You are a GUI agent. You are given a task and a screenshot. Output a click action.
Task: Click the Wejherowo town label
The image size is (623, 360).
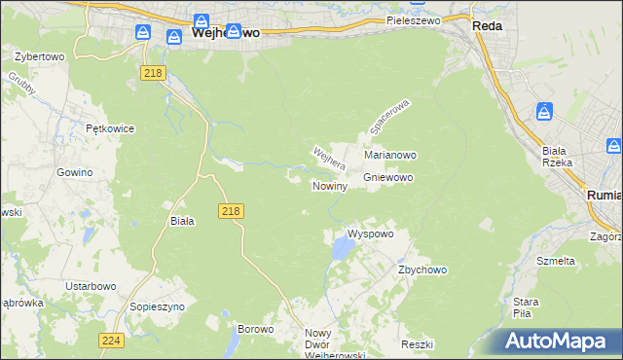click(227, 32)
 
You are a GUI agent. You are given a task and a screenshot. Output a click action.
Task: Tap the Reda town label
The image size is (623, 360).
click(487, 26)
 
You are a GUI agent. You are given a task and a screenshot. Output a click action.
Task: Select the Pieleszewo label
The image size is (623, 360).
click(413, 19)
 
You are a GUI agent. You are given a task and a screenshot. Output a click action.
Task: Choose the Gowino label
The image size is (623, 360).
click(74, 171)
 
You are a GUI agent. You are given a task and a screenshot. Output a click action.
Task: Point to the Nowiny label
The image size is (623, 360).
click(329, 186)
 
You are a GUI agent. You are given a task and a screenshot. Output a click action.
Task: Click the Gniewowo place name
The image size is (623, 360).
click(389, 178)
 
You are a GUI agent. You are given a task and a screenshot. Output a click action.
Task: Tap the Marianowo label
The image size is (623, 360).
click(390, 155)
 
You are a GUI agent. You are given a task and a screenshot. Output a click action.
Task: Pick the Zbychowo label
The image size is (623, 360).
click(421, 270)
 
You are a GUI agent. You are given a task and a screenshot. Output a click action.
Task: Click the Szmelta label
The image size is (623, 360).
click(556, 261)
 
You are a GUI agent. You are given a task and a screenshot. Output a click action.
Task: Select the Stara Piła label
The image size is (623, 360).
click(527, 307)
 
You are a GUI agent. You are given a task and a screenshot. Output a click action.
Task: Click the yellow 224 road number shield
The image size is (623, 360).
click(110, 340)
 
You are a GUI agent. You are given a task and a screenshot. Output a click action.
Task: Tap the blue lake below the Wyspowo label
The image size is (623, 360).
click(342, 252)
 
